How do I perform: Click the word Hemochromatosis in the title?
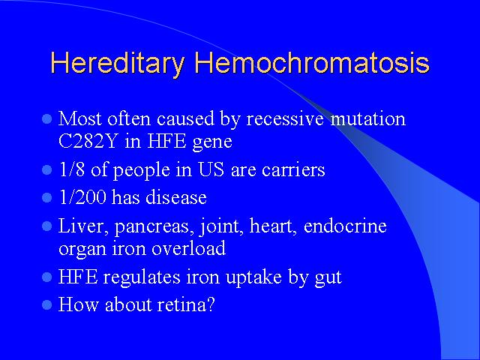pyautogui.click(x=312, y=62)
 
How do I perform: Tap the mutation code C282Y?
pyautogui.click(x=88, y=142)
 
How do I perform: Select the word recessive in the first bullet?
pyautogui.click(x=285, y=118)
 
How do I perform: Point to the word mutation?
pyautogui.click(x=368, y=118)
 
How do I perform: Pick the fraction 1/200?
pyautogui.click(x=82, y=196)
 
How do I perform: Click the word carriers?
pyautogui.click(x=293, y=170)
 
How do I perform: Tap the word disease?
pyautogui.click(x=176, y=197)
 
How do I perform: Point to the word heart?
pyautogui.click(x=273, y=226)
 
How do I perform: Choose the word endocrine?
pyautogui.click(x=345, y=226)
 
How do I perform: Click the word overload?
pyautogui.click(x=188, y=248)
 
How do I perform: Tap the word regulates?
pyautogui.click(x=142, y=277)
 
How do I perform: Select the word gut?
pyautogui.click(x=328, y=278)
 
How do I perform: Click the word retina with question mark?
pyautogui.click(x=186, y=304)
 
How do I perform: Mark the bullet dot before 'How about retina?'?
pyautogui.click(x=46, y=304)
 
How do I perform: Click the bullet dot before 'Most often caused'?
pyautogui.click(x=46, y=118)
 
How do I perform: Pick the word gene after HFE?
pyautogui.click(x=212, y=142)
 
